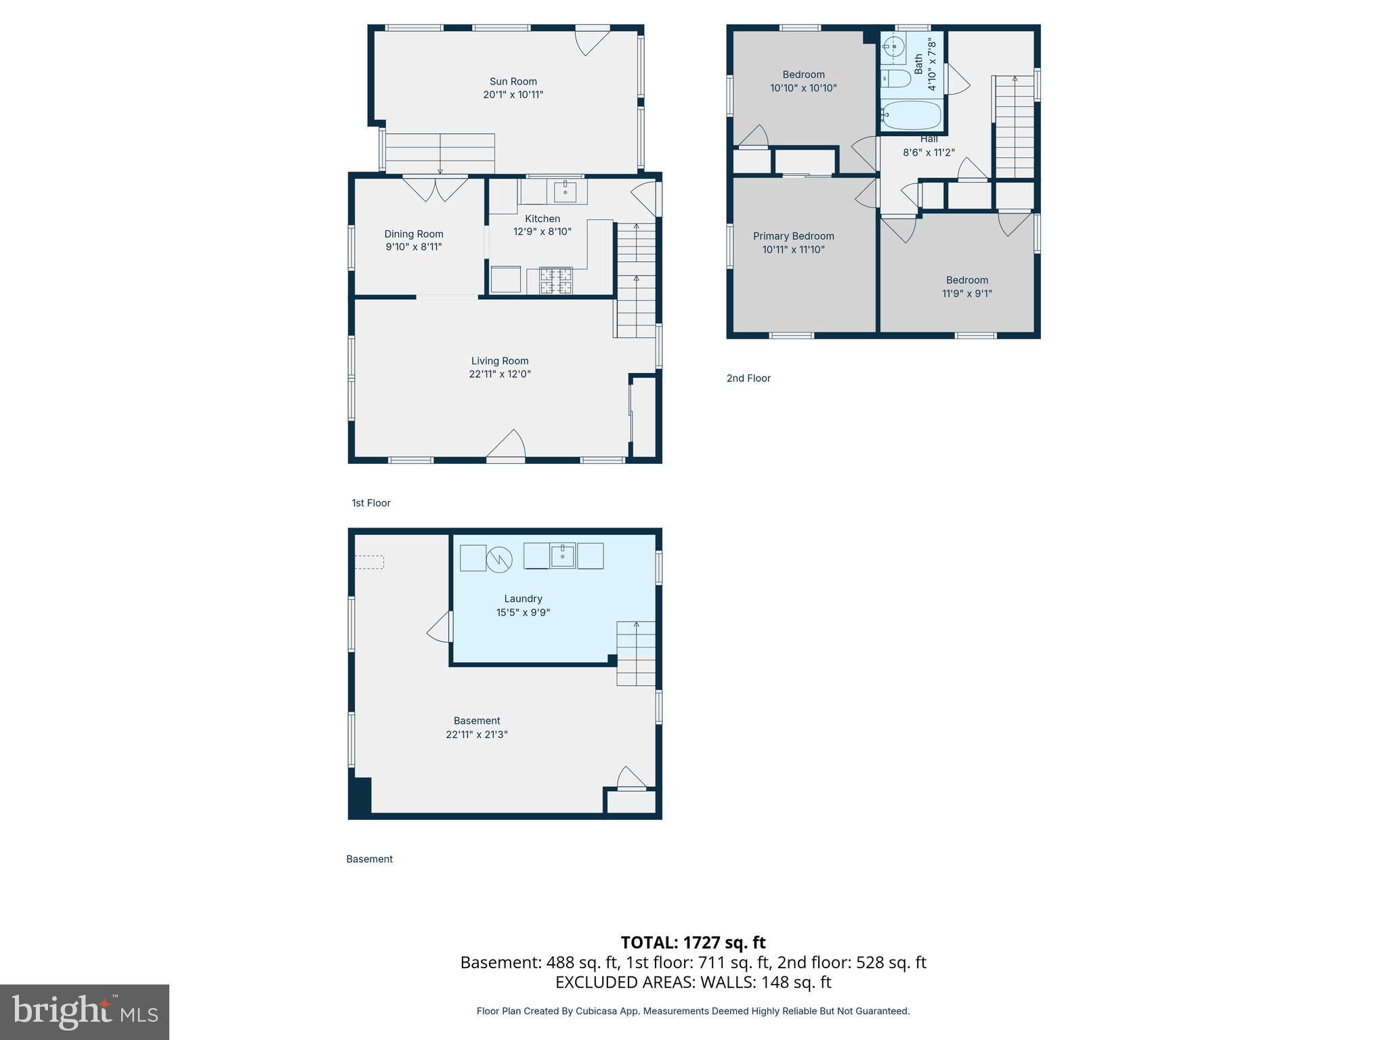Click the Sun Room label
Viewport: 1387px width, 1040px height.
pos(513,81)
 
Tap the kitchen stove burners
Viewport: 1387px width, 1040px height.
pos(555,281)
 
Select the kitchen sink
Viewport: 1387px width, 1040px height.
pos(566,192)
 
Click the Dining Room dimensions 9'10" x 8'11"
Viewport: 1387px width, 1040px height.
pos(414,247)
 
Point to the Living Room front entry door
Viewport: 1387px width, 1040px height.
pos(506,447)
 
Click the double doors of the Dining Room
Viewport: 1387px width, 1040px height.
pos(435,189)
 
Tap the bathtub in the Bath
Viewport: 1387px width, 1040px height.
pos(912,116)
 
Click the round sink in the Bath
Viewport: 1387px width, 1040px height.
pos(894,47)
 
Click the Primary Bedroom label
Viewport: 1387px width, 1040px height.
pos(793,236)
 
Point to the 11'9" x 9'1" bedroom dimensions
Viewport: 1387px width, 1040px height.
pos(966,293)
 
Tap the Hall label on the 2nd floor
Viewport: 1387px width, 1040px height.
pos(929,139)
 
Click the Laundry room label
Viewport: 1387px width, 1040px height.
pos(523,599)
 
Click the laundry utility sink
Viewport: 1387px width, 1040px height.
pos(562,556)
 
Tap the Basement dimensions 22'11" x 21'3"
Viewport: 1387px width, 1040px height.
pos(477,734)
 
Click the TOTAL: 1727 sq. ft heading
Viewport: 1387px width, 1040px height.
pos(693,942)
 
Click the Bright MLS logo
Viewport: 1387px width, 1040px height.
pos(85,1012)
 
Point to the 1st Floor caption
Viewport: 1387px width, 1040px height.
pos(371,503)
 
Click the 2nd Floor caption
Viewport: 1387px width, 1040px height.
pos(748,378)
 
